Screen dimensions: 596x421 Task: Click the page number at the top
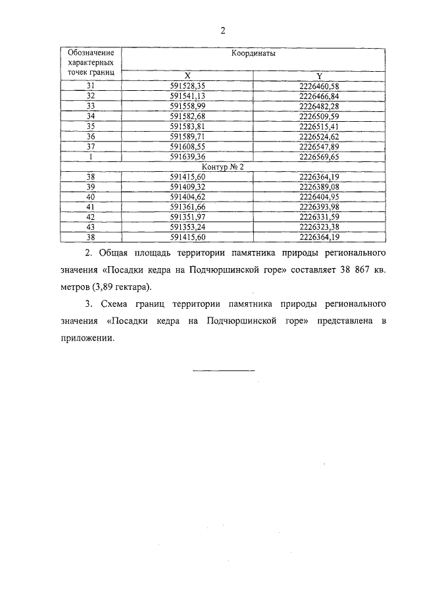point(223,31)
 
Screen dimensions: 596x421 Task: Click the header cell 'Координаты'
point(253,55)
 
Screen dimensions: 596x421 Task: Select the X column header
point(187,76)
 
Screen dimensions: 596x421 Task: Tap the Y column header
point(319,76)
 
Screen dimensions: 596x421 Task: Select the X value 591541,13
point(187,96)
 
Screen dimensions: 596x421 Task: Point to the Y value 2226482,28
point(319,106)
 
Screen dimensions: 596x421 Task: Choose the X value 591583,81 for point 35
point(187,126)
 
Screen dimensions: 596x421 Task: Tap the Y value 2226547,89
point(319,146)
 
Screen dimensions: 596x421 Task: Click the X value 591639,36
point(187,157)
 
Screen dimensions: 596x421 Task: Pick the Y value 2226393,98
point(319,207)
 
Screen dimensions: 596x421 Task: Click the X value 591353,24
point(187,227)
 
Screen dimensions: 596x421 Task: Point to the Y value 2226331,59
point(319,217)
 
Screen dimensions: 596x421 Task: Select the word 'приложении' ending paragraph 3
point(86,339)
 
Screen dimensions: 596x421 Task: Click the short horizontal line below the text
point(223,371)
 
